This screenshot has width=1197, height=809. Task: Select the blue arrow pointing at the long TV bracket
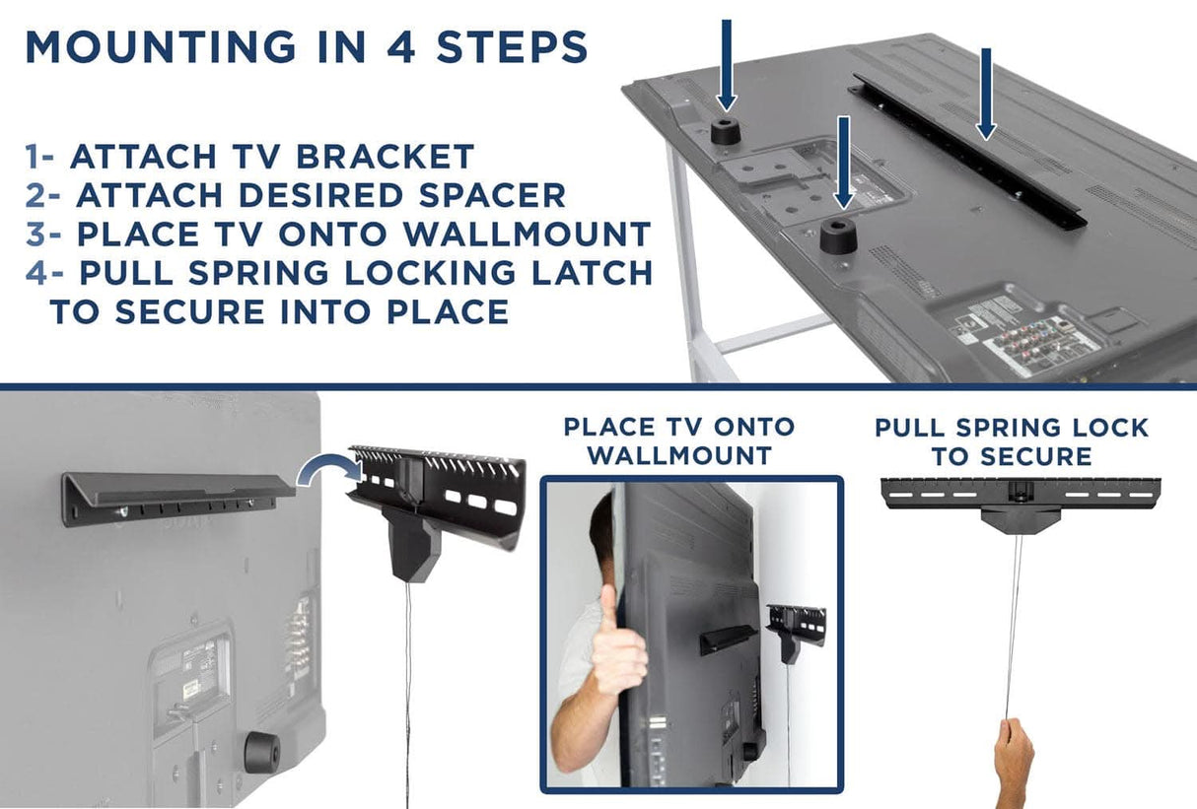(984, 94)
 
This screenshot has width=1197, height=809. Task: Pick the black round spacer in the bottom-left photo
(257, 752)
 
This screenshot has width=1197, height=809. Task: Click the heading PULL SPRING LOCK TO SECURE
(1012, 441)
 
